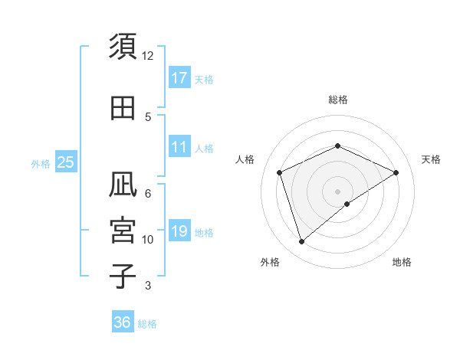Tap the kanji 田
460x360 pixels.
coord(123,108)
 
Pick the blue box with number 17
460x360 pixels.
coord(179,77)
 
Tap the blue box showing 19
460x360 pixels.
coord(179,231)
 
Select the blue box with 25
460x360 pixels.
coord(65,162)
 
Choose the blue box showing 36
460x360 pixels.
coord(123,322)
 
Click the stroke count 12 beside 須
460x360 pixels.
coord(148,56)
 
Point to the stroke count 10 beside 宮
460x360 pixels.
coord(148,240)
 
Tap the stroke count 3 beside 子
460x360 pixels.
coord(148,286)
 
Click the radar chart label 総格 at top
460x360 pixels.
coord(338,100)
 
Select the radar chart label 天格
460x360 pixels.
coord(431,159)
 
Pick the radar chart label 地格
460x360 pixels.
coord(402,262)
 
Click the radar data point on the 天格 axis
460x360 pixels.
coord(396,172)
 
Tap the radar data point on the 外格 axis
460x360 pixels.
coord(301,242)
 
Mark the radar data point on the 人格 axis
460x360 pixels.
coord(280,172)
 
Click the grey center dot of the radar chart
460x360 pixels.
coord(338,191)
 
